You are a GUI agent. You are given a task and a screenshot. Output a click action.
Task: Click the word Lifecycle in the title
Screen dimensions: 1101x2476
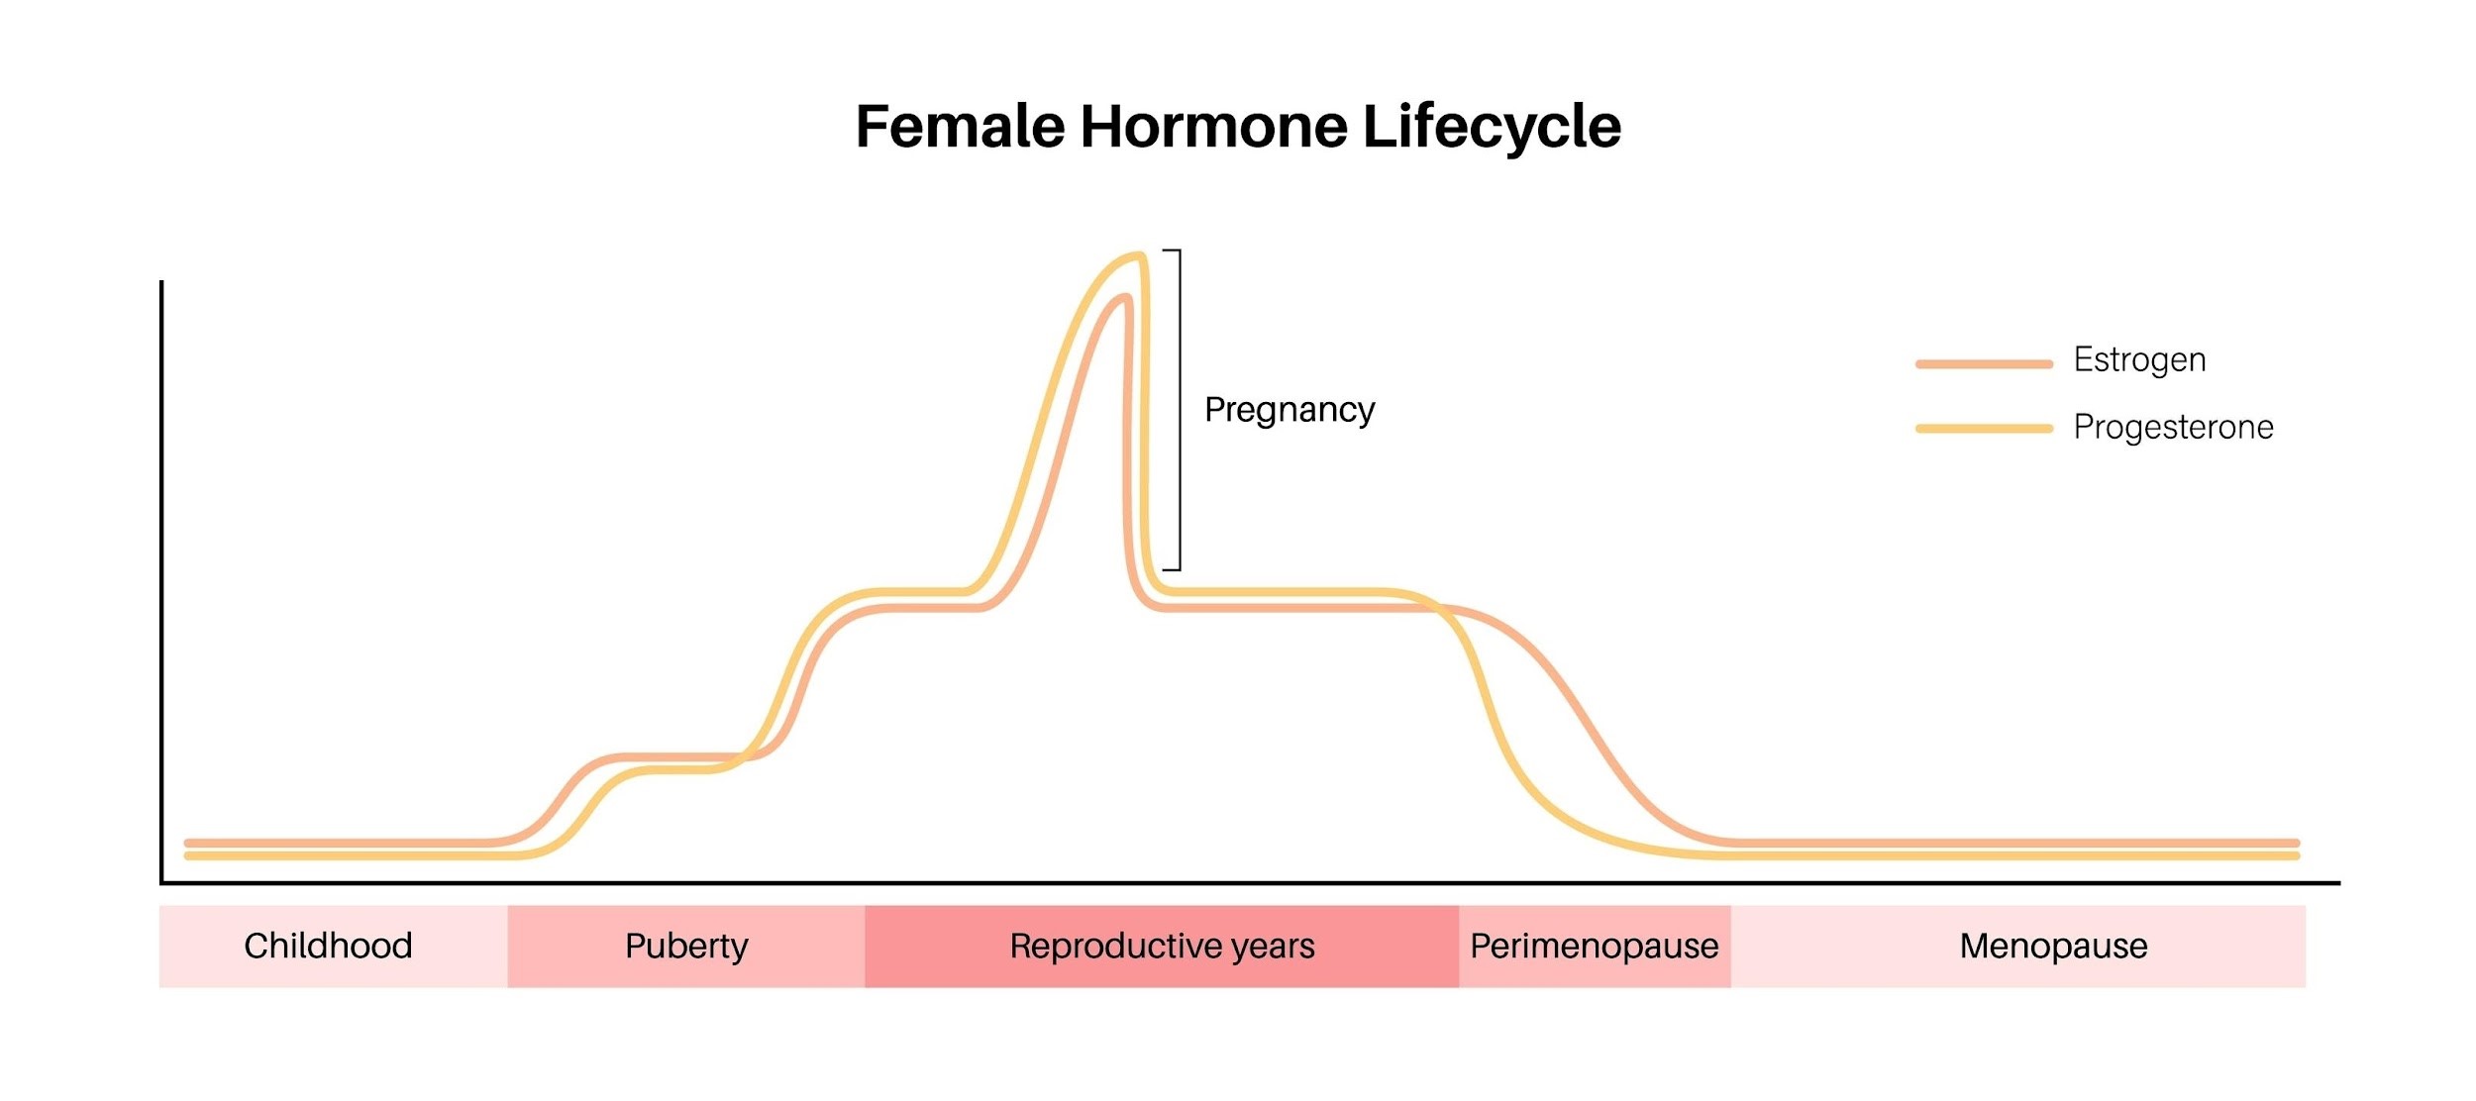(x=1492, y=127)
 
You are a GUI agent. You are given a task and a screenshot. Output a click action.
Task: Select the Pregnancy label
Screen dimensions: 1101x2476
(x=1290, y=410)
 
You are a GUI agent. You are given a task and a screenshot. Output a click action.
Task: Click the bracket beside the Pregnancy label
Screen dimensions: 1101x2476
(x=1179, y=410)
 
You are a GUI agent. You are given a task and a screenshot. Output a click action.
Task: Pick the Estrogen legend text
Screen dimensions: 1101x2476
(x=2139, y=359)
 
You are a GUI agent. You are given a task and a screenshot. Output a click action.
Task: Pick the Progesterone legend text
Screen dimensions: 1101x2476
(x=2173, y=427)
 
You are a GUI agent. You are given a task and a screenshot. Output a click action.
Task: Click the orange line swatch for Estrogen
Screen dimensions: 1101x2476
(x=1983, y=364)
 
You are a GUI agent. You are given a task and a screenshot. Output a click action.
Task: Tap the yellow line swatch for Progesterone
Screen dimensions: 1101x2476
(x=1983, y=429)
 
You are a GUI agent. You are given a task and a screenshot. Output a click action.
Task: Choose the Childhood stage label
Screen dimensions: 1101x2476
(x=328, y=947)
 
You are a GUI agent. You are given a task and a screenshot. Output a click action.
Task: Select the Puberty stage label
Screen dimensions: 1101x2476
(x=686, y=947)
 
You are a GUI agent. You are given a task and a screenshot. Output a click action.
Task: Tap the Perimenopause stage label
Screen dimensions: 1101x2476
(x=1594, y=947)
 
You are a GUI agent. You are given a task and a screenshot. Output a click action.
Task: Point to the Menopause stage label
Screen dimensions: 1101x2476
(x=2053, y=947)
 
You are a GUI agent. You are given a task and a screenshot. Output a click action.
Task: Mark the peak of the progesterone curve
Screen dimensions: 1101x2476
(x=1139, y=255)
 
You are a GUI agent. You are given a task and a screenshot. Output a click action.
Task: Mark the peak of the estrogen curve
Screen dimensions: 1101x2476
(x=1124, y=297)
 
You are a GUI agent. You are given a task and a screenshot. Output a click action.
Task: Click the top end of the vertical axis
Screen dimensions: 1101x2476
(x=161, y=283)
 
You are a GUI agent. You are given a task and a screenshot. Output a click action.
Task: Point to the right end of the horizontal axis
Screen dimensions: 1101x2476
(x=2337, y=882)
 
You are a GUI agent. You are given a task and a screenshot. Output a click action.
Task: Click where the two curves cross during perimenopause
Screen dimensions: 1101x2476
(x=1444, y=609)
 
